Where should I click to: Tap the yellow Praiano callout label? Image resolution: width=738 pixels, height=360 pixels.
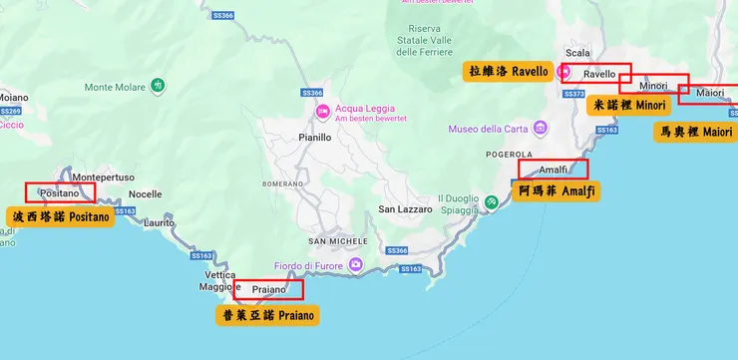[268, 315]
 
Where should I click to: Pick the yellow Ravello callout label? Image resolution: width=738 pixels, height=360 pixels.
[509, 71]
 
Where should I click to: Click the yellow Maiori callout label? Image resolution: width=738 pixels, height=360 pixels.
[695, 132]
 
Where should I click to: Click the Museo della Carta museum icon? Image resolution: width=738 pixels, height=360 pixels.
[540, 129]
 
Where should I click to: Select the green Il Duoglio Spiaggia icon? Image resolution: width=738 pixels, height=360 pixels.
[492, 203]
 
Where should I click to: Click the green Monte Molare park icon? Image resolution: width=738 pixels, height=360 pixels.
[160, 88]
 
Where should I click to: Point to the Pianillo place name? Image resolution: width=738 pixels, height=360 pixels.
[314, 138]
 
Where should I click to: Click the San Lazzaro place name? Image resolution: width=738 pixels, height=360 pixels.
[405, 209]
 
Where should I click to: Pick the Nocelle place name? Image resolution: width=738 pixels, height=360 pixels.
[145, 194]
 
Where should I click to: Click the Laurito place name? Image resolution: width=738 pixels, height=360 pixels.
[159, 223]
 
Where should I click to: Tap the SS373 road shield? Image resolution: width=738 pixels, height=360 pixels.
[573, 94]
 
